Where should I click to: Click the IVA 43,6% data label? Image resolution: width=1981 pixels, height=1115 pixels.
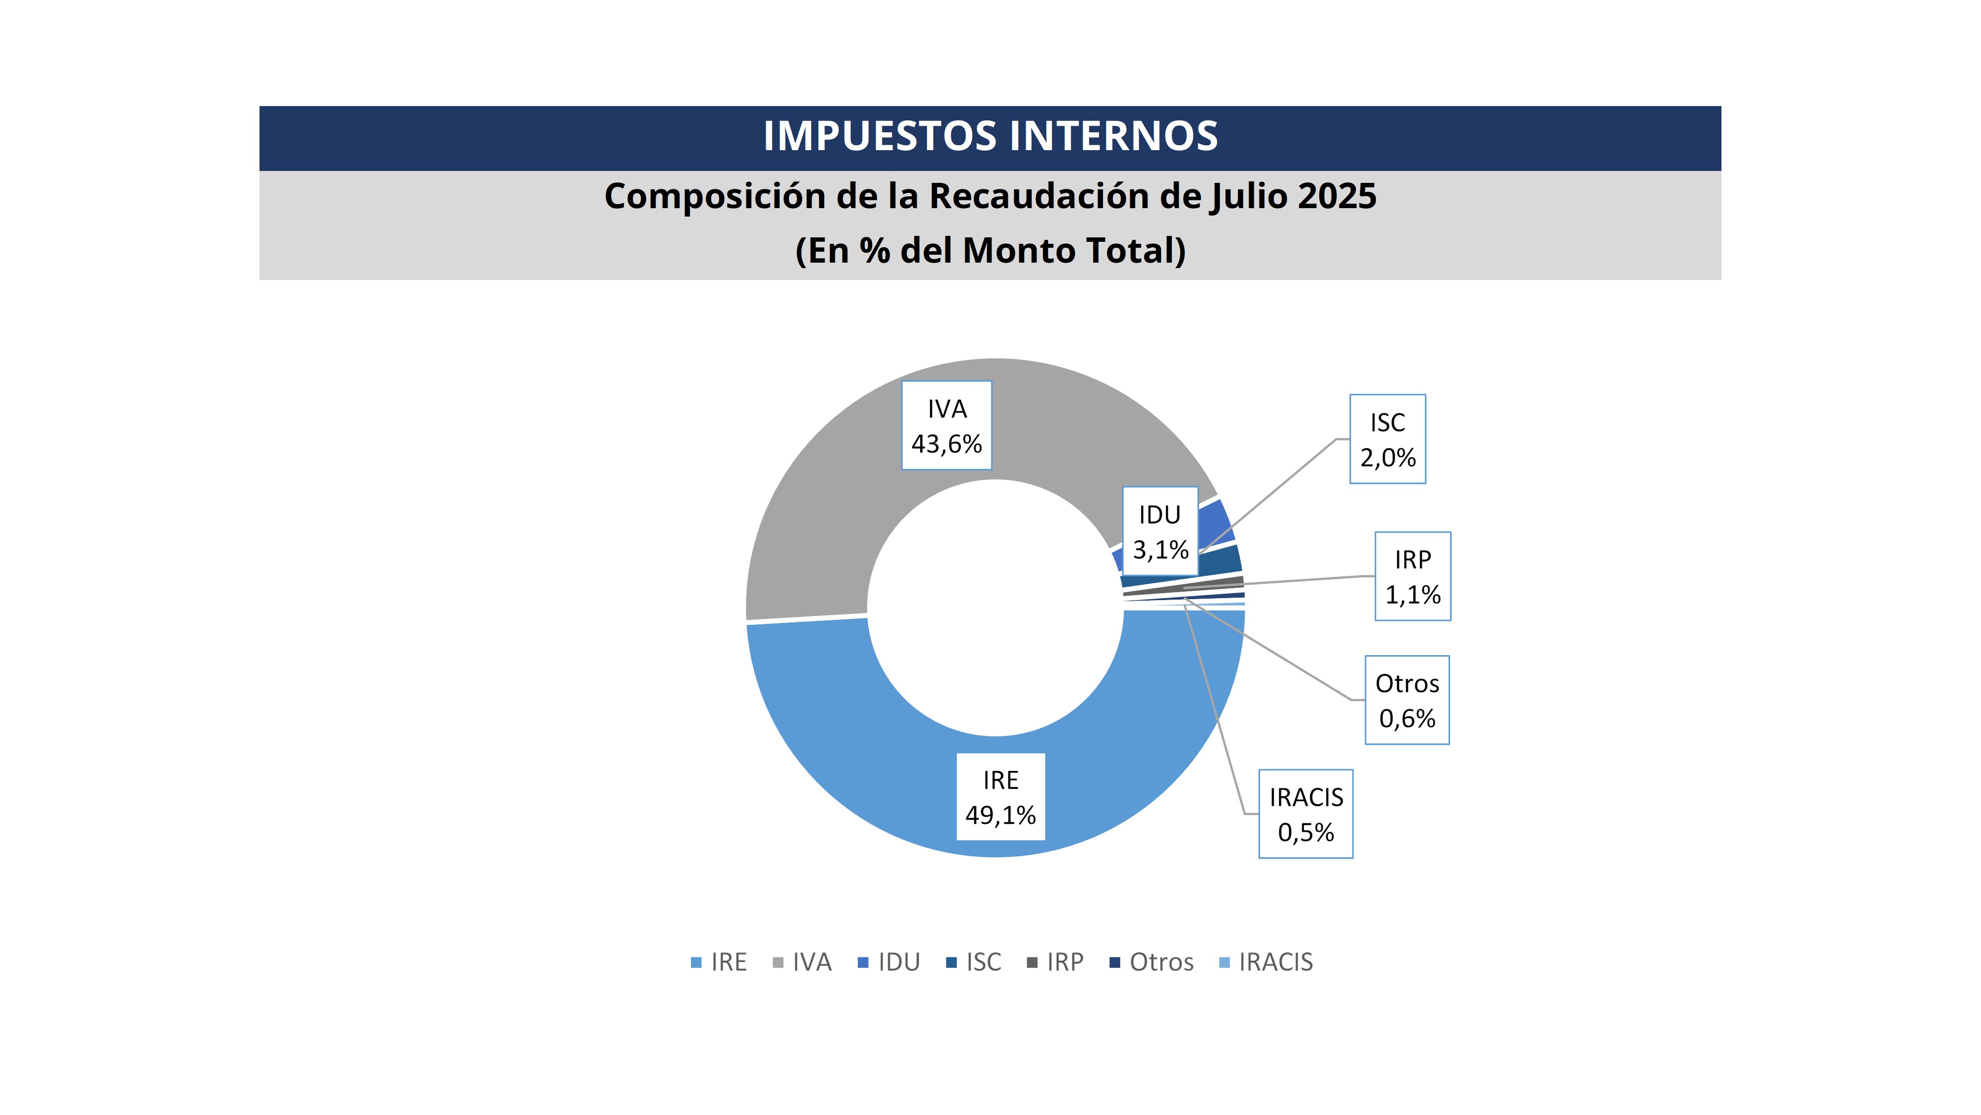[946, 426]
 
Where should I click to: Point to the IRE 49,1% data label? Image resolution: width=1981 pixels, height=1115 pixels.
[1000, 797]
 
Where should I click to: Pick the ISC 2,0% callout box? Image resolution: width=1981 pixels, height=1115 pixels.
[1387, 440]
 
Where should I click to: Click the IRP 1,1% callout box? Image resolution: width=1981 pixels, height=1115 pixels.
[1412, 576]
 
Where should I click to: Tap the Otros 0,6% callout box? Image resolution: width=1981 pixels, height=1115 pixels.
[1407, 700]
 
